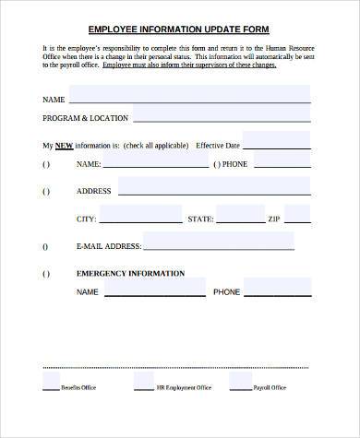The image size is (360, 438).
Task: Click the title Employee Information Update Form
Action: click(179, 28)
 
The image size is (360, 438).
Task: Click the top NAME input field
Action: click(189, 96)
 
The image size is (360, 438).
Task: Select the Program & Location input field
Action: click(222, 116)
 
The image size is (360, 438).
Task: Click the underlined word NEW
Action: click(64, 146)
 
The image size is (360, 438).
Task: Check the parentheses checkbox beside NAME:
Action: click(45, 165)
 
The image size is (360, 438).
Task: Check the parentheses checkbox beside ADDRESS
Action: click(45, 192)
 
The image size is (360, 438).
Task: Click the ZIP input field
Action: click(297, 216)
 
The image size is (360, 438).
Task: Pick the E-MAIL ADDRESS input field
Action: click(219, 243)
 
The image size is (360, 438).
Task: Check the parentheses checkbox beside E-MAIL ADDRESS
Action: click(45, 247)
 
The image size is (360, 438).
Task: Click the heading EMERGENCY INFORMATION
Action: click(130, 274)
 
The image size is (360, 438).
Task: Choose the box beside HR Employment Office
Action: click(143, 380)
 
